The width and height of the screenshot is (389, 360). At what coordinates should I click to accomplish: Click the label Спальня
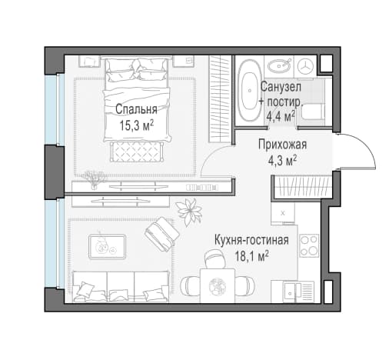[x=136, y=109]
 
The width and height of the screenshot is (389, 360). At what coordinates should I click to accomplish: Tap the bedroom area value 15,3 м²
[x=137, y=125]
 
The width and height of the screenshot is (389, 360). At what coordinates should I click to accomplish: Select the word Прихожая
[x=282, y=145]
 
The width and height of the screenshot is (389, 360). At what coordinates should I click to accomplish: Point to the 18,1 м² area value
[x=252, y=256]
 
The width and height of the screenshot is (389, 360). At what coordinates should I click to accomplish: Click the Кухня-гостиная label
[x=251, y=240]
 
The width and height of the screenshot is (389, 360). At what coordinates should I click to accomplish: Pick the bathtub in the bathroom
[x=248, y=91]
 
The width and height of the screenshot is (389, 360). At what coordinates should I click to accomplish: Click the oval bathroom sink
[x=279, y=66]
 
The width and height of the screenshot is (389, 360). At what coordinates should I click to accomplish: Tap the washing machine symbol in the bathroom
[x=305, y=66]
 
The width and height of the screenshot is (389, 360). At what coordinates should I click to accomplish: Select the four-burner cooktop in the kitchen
[x=309, y=245]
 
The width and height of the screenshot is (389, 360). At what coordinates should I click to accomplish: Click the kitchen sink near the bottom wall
[x=298, y=292]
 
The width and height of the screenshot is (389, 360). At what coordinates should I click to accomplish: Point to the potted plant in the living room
[x=189, y=212]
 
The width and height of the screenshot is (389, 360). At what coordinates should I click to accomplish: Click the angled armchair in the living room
[x=162, y=234]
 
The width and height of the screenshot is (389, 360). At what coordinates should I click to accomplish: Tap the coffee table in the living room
[x=107, y=246]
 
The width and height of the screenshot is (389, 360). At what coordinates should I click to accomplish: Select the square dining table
[x=218, y=285]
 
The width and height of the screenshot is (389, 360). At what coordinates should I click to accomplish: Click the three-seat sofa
[x=121, y=287]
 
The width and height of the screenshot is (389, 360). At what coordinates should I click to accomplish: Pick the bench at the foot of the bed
[x=137, y=152]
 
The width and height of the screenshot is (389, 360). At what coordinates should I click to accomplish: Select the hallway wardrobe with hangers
[x=302, y=186]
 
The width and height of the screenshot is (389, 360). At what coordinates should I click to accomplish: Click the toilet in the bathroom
[x=311, y=112]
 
